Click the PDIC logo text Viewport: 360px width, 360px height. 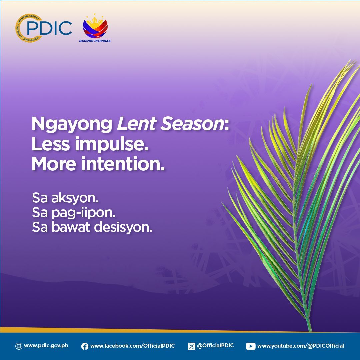click(x=49, y=28)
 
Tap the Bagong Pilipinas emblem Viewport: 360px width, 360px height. click(x=95, y=26)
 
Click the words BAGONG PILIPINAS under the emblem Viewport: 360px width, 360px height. click(x=95, y=41)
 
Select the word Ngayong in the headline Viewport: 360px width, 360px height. click(x=72, y=124)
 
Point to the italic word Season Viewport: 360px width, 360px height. click(x=192, y=124)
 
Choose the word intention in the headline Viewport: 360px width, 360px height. click(x=123, y=164)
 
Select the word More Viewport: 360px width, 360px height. click(x=54, y=164)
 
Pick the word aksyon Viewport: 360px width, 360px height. click(x=75, y=198)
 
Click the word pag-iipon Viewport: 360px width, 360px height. click(x=83, y=213)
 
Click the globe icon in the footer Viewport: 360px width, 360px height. click(x=19, y=346)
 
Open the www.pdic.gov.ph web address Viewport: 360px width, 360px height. click(x=46, y=346)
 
